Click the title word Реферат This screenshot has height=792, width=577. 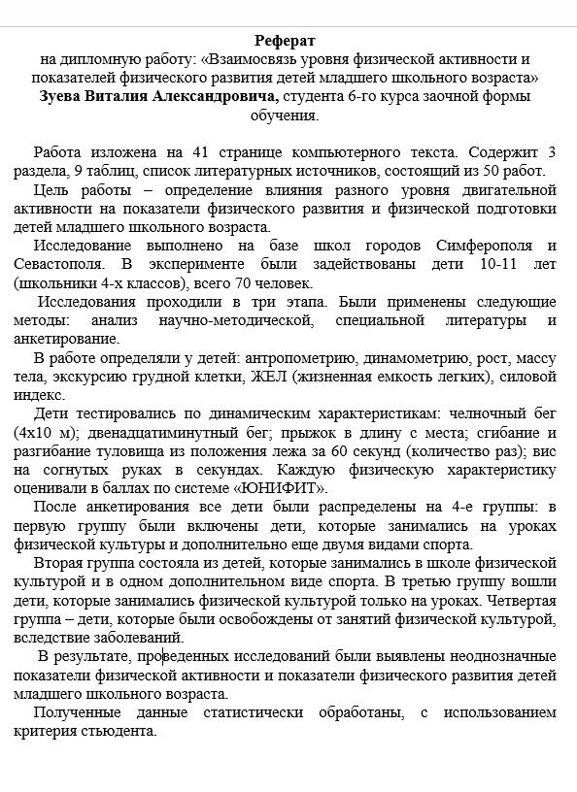click(288, 40)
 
